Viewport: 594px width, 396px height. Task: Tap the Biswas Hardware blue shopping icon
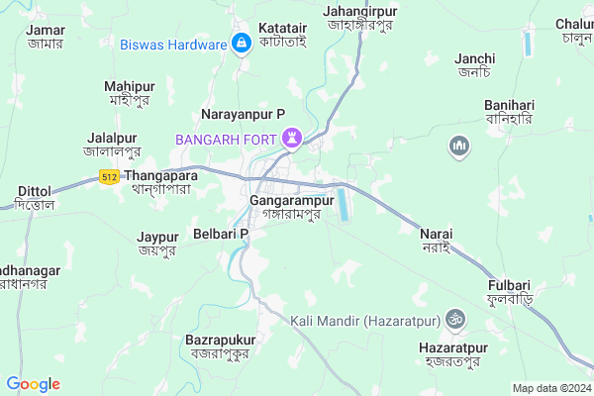pyautogui.click(x=241, y=45)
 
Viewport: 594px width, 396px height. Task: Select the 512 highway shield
pyautogui.click(x=110, y=175)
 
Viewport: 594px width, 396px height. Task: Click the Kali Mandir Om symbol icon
pyautogui.click(x=457, y=320)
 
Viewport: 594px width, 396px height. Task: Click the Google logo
pyautogui.click(x=33, y=384)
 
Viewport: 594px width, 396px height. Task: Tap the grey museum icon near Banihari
pyautogui.click(x=457, y=148)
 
